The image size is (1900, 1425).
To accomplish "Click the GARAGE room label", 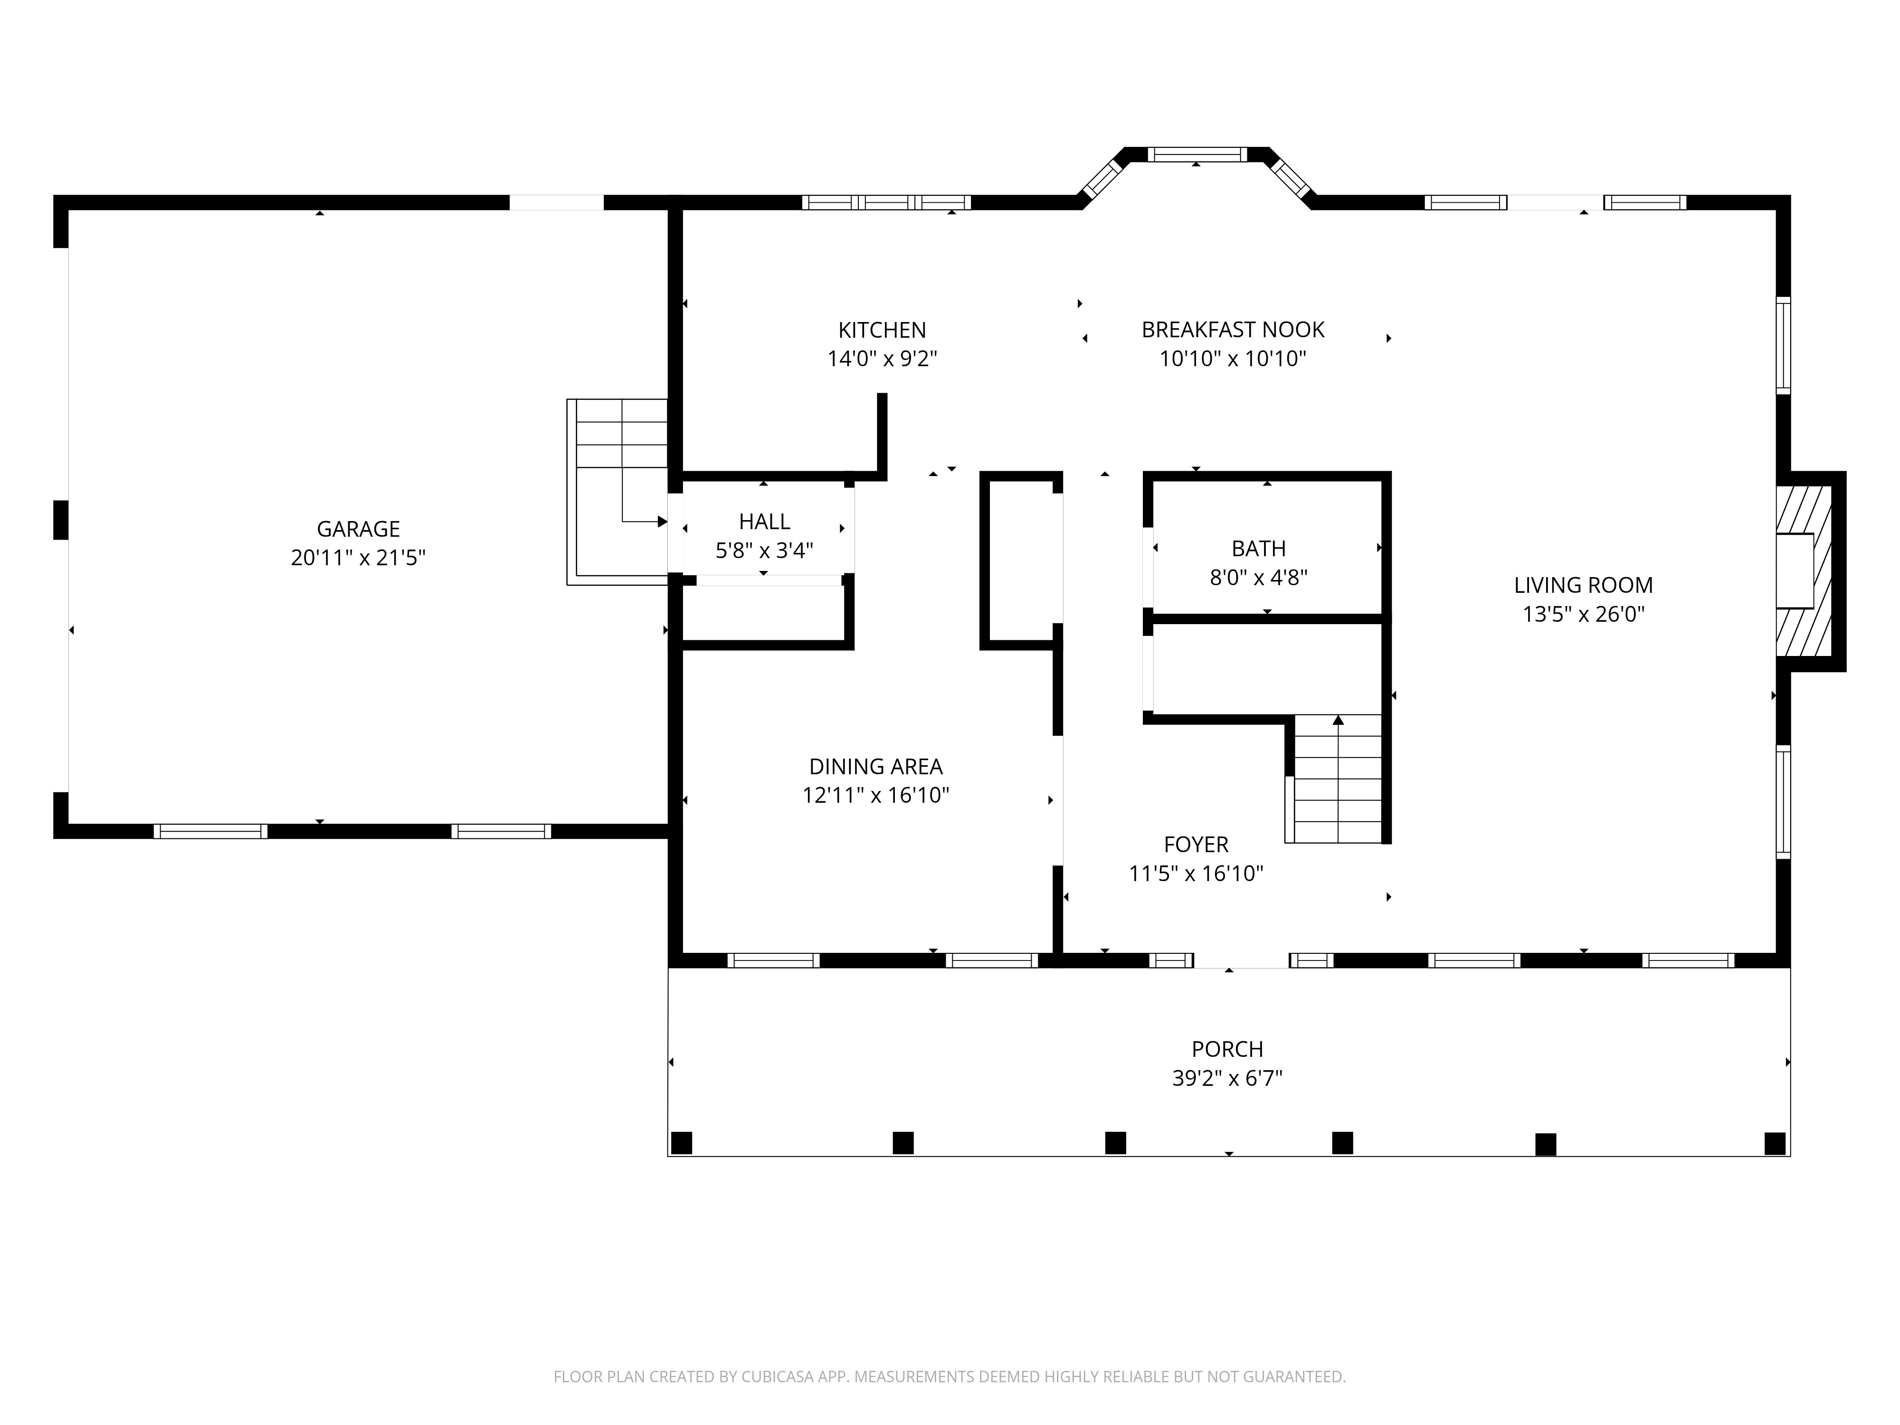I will coord(358,529).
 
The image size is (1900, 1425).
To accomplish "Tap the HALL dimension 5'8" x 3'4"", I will coord(764,551).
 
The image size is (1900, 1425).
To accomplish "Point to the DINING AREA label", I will coord(875,766).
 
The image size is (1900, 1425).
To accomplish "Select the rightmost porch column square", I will coord(1775,1143).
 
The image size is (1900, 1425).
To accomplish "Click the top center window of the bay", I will coord(1197,154).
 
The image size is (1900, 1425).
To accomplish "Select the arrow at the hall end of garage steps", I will coord(661,522).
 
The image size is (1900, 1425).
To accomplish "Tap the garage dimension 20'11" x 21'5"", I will coord(358,558).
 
